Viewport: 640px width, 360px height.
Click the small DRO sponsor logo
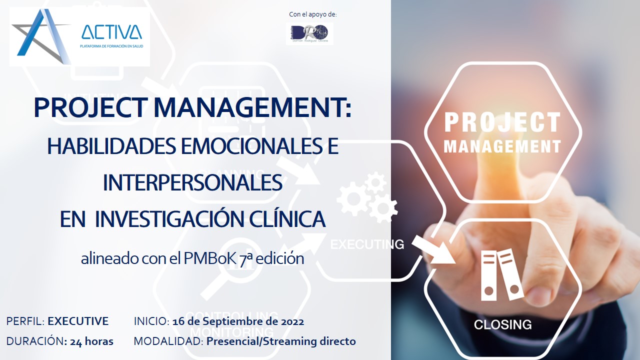[x=309, y=33]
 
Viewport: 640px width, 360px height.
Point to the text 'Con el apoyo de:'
[x=313, y=14]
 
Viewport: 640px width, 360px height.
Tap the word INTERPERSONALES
[x=192, y=182]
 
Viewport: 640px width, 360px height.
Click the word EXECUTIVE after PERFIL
[x=78, y=321]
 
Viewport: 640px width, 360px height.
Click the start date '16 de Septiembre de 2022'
[x=238, y=321]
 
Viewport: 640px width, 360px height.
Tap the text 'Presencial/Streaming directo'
[x=281, y=341]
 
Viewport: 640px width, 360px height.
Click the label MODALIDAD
[x=168, y=341]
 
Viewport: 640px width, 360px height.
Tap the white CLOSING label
[x=502, y=325]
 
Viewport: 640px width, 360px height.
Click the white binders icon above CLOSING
[x=501, y=274]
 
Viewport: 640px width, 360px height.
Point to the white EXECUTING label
[x=367, y=244]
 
